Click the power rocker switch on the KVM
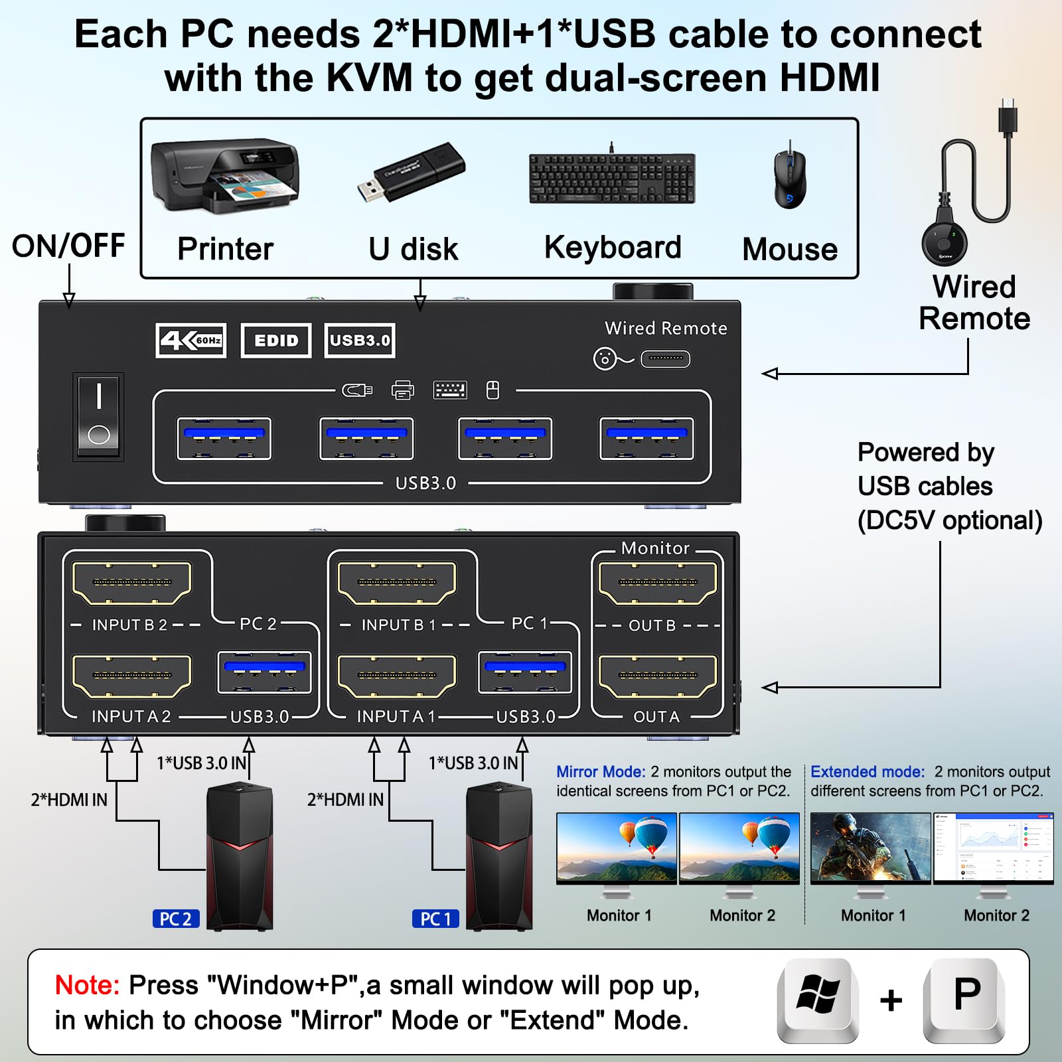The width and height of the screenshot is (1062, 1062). [98, 416]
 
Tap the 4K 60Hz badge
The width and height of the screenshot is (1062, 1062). [191, 341]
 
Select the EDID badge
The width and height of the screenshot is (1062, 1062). [276, 341]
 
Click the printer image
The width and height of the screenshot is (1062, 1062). [225, 174]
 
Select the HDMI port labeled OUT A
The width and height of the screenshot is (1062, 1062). [658, 676]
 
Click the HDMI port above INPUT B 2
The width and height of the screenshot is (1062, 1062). [132, 583]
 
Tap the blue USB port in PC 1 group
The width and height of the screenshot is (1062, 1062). [525, 672]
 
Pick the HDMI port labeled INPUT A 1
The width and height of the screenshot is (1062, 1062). [397, 676]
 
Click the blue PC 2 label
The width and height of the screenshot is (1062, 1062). [175, 919]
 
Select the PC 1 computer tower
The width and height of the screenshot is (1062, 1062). [498, 856]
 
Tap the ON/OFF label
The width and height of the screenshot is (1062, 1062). [68, 246]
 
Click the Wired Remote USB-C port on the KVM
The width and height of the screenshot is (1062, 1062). [665, 359]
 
